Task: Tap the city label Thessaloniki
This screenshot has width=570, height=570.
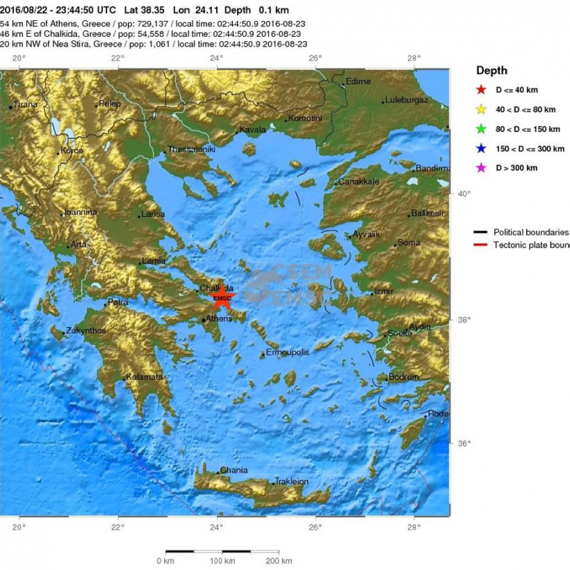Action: pos(191,149)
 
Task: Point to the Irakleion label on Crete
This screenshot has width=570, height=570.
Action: pos(292,481)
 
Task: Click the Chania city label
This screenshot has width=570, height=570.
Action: pos(234,471)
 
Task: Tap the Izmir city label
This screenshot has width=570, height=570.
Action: pos(384,291)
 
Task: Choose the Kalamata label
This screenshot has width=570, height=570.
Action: pos(144,377)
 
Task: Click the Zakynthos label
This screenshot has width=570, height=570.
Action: pos(85,331)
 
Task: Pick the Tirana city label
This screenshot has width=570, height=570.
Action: pos(26,104)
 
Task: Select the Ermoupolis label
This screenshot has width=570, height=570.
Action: pos(287,352)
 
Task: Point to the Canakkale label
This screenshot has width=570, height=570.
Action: pos(359,181)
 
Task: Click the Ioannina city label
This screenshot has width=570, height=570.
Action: pos(81,212)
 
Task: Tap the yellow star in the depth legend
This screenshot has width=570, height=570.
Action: pos(480,109)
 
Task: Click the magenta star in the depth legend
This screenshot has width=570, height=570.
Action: pos(480,168)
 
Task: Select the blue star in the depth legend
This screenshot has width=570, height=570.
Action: pos(480,148)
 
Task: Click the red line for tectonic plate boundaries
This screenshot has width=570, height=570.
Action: pos(480,245)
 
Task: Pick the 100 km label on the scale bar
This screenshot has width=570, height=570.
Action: pos(222,560)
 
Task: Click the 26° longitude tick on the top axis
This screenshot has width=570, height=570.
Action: pos(316,58)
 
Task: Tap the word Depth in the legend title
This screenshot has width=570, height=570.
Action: pos(491,70)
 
